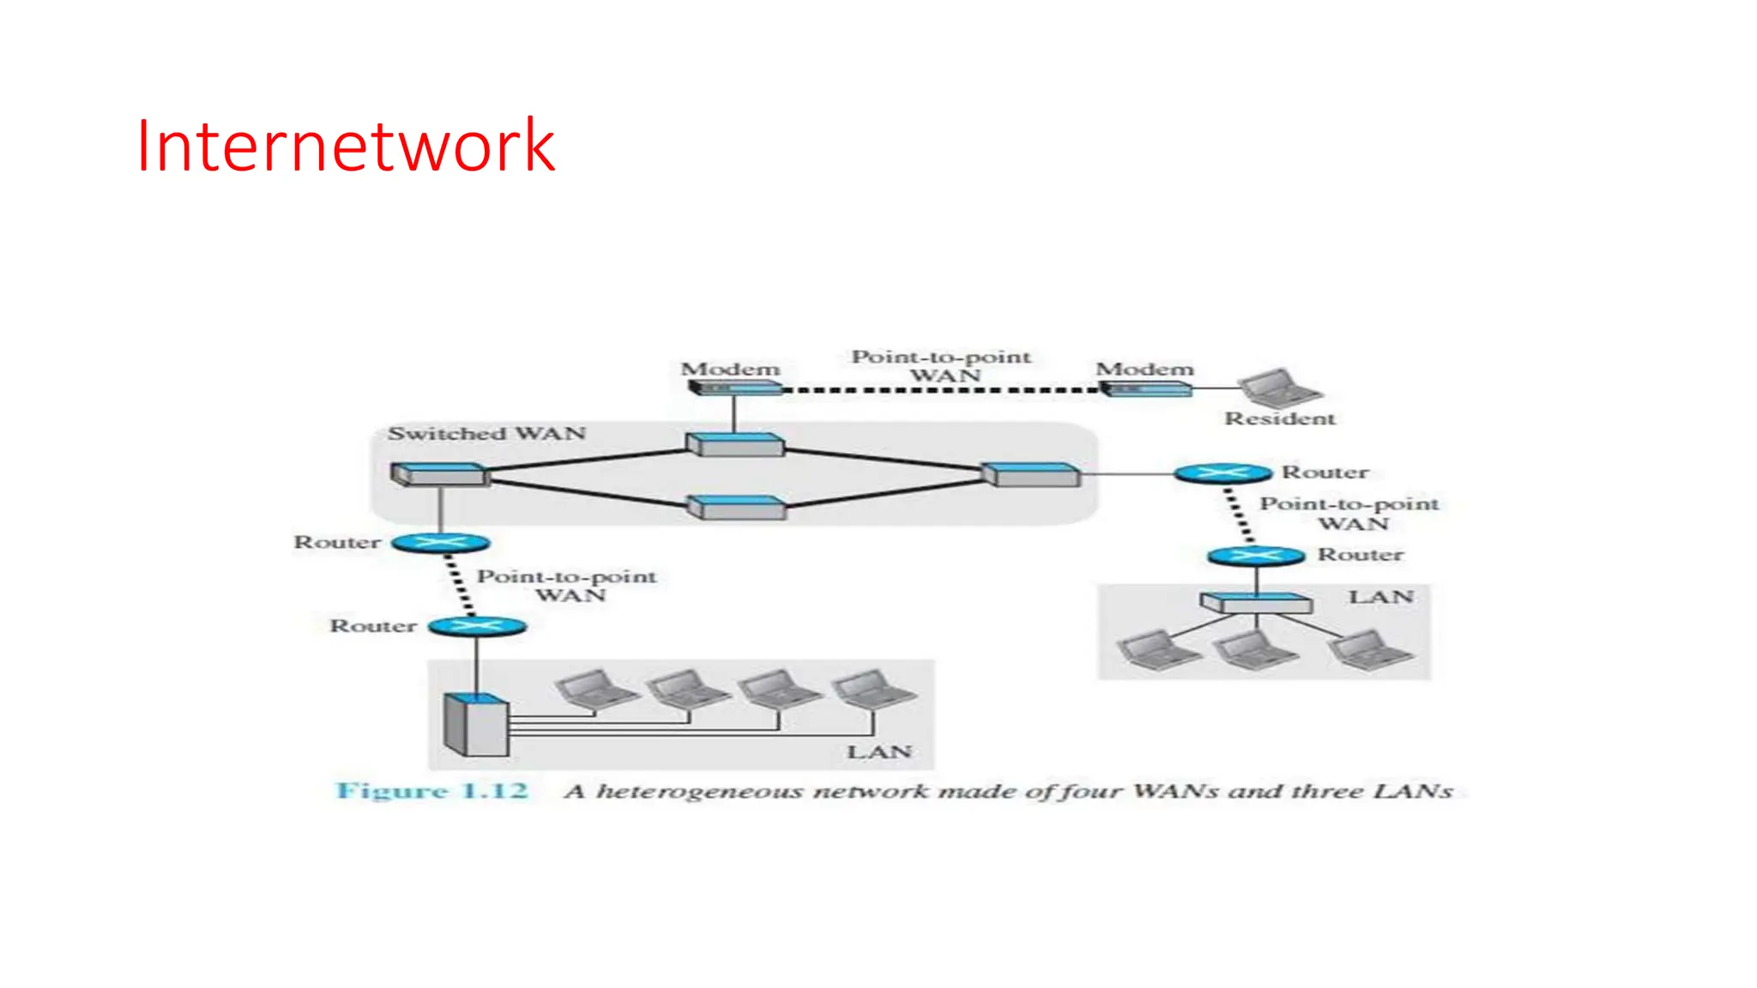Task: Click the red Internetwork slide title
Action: (x=345, y=147)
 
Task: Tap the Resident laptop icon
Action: (x=1277, y=387)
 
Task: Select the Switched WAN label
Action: (x=486, y=433)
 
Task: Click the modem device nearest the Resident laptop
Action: (x=1145, y=389)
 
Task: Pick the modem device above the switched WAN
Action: (x=735, y=389)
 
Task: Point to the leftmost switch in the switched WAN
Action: (x=439, y=474)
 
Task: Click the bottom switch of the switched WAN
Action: (x=737, y=508)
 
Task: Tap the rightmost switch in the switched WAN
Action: (x=1030, y=474)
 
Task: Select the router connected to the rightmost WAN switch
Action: (x=1223, y=473)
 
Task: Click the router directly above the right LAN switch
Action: (x=1256, y=556)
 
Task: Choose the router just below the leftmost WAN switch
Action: (x=440, y=543)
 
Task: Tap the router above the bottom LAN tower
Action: (x=477, y=626)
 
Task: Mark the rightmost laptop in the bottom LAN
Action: (x=872, y=690)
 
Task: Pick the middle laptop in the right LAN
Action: (x=1256, y=650)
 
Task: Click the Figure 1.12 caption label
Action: (x=432, y=791)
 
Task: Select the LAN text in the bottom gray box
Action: (x=878, y=752)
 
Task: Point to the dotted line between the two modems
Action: (x=941, y=390)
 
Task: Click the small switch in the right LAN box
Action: (x=1256, y=603)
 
